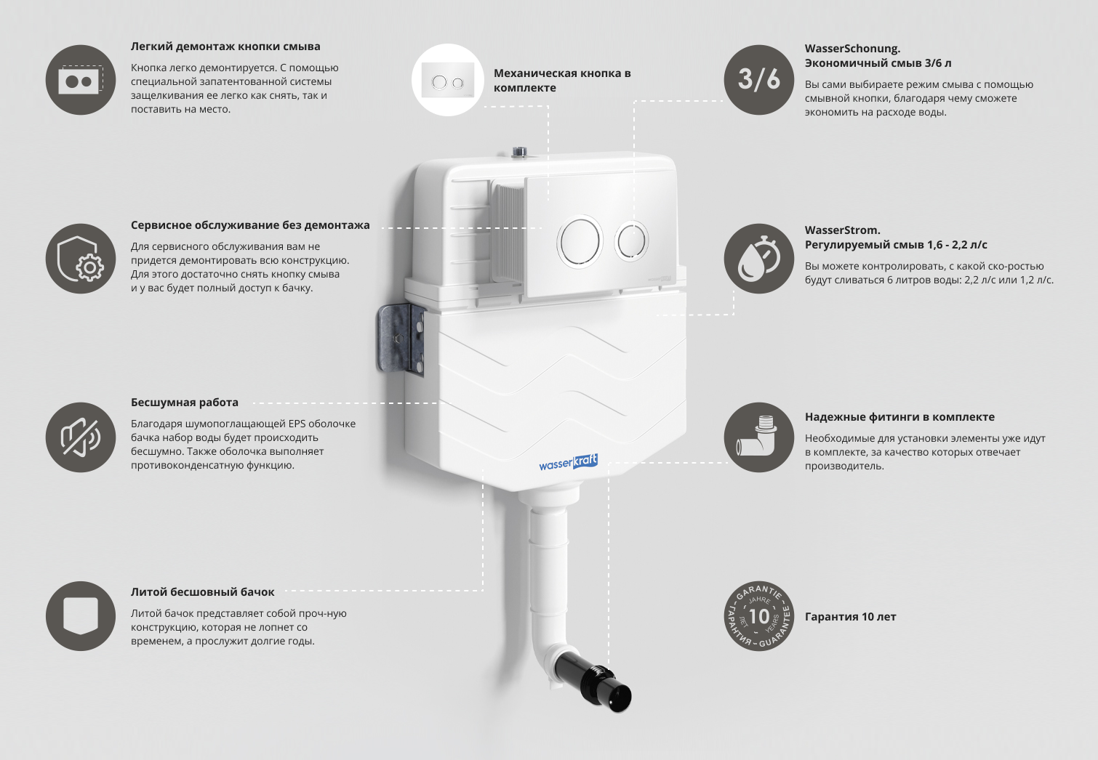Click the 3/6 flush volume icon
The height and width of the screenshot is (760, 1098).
[x=758, y=80]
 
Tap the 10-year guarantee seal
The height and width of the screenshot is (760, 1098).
[x=758, y=616]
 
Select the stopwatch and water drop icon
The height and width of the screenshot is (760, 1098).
[x=758, y=259]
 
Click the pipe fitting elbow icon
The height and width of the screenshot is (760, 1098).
[x=758, y=437]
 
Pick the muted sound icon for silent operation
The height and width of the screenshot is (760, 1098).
[x=81, y=437]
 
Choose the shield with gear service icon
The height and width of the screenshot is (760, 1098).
[x=81, y=259]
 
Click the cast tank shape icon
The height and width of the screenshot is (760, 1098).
[x=81, y=616]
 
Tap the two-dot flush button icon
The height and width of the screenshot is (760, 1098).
[x=81, y=80]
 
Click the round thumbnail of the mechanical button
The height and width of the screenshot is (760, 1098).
[x=447, y=80]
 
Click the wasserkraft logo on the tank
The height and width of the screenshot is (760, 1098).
[x=568, y=463]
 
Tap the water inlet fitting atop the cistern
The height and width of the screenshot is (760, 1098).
[x=518, y=153]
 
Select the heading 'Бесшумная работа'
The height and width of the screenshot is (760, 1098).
[x=185, y=403]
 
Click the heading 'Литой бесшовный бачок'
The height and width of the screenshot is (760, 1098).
[x=203, y=592]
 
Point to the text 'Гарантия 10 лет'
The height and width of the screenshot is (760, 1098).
[x=850, y=617]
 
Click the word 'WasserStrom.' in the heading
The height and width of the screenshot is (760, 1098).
[x=842, y=230]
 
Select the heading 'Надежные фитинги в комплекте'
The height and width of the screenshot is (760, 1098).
[x=899, y=417]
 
